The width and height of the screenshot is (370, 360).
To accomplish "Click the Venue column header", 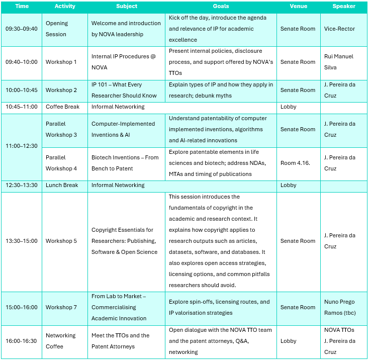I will pos(298,7).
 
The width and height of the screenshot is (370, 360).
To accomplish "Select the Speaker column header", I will pos(344,7).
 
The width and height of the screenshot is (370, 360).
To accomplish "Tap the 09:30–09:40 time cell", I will pos(22,29).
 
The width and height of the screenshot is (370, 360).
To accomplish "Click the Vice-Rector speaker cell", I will pos(339,29).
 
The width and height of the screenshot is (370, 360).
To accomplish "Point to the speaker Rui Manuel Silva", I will pos(339,62).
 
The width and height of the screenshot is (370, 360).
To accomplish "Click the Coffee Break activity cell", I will pos(62,107).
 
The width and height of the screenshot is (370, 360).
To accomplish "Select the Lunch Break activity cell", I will pos(62,185).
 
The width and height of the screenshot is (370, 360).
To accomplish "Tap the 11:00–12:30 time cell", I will pos(22,146).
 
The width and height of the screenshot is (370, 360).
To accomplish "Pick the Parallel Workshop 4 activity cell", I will pos(61,163).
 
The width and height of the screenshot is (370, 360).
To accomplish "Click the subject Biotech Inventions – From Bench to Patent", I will pos(125,163).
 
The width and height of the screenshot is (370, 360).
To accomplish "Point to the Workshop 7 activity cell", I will pos(61,307).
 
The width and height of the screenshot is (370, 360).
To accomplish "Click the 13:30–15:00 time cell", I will pos(22,241).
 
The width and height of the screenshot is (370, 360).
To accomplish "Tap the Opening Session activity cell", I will pos(56,29).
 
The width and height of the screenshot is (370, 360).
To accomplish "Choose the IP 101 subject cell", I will pos(124,90).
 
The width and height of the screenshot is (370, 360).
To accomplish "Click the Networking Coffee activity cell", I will pos(60,341).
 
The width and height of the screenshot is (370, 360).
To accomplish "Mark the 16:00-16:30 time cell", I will pos(22,341).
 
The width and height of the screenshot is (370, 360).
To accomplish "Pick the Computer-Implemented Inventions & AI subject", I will pos(123,129).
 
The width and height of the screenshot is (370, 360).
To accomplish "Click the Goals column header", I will pos(220,7).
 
